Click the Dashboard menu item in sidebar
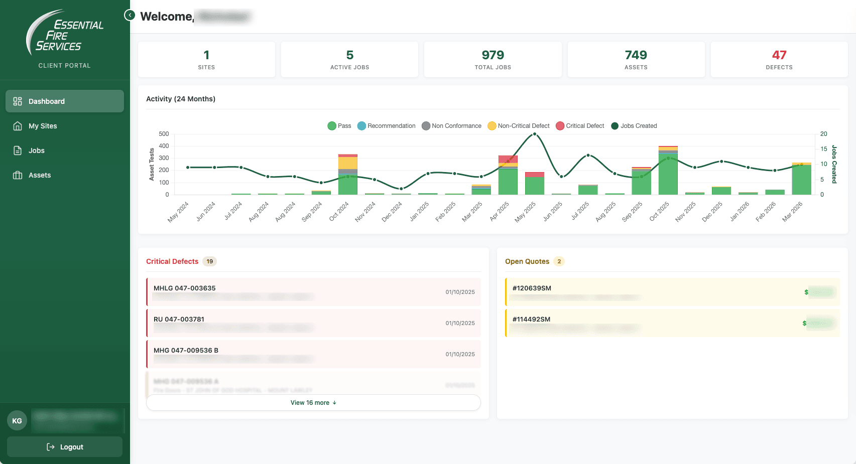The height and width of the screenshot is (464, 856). click(x=64, y=101)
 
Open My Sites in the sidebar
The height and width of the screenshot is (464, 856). click(x=43, y=126)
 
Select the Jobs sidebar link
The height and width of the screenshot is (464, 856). click(x=36, y=150)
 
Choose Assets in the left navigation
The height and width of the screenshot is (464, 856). click(x=39, y=175)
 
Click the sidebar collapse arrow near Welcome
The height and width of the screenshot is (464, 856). click(x=130, y=15)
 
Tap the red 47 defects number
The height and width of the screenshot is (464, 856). click(x=779, y=55)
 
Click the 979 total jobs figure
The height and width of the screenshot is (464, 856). click(x=493, y=55)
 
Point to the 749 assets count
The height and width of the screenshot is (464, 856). click(x=636, y=55)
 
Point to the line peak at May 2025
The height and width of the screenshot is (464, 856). click(x=534, y=134)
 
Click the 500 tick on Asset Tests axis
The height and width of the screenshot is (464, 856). click(x=164, y=134)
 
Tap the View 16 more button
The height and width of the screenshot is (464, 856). click(x=313, y=403)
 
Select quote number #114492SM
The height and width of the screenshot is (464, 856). click(x=531, y=319)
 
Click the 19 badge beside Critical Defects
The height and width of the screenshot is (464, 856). click(x=210, y=261)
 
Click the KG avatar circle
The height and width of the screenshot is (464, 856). click(x=17, y=421)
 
